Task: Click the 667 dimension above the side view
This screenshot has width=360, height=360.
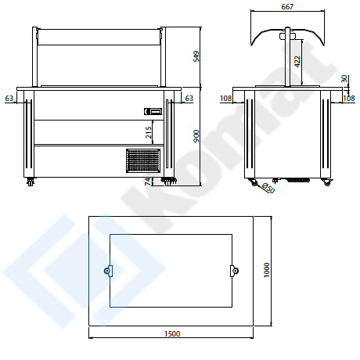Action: pos(287,6)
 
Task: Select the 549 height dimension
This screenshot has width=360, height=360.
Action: pos(196,56)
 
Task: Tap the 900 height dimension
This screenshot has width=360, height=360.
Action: pos(196,136)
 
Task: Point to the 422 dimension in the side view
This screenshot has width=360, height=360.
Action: pos(297,62)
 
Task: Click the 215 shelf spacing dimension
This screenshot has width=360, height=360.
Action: pos(148,132)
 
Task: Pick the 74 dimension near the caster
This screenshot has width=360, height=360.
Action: pos(148,182)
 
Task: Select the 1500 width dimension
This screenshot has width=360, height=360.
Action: pos(172,333)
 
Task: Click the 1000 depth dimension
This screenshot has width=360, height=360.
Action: pos(267,270)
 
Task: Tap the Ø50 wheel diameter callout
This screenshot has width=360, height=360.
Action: pos(268,189)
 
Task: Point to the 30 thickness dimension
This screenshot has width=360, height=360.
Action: pos(344,78)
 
